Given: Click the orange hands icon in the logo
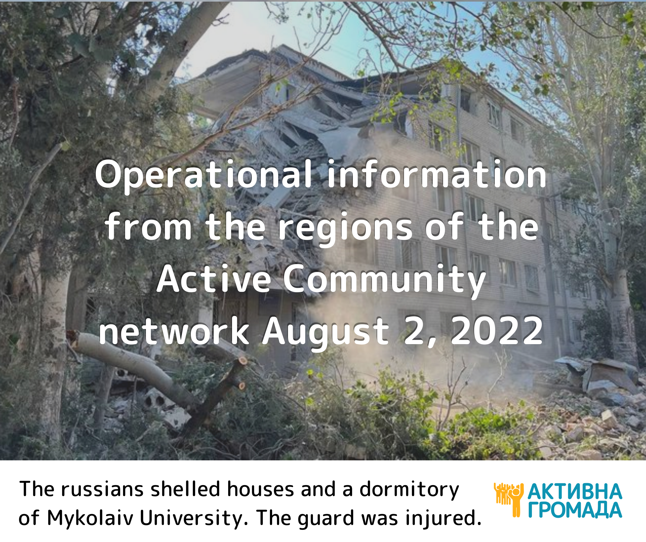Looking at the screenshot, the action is (508, 500).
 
